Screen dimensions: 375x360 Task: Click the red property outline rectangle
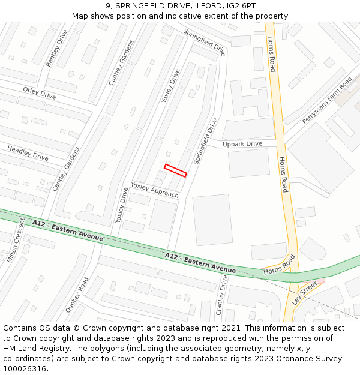click(x=176, y=170)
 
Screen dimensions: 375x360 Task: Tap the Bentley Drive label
click(x=57, y=47)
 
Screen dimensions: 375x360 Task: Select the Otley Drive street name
click(x=39, y=93)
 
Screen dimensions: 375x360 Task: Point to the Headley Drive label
click(x=28, y=152)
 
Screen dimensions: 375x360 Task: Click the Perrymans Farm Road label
click(x=327, y=100)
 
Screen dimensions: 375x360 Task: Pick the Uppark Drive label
click(x=242, y=144)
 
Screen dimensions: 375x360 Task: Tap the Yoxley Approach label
click(x=155, y=190)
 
